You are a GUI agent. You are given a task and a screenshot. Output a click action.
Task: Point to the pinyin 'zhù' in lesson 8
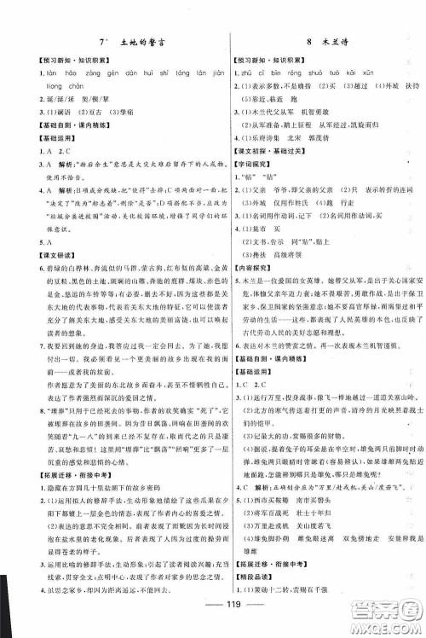click(x=249, y=73)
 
